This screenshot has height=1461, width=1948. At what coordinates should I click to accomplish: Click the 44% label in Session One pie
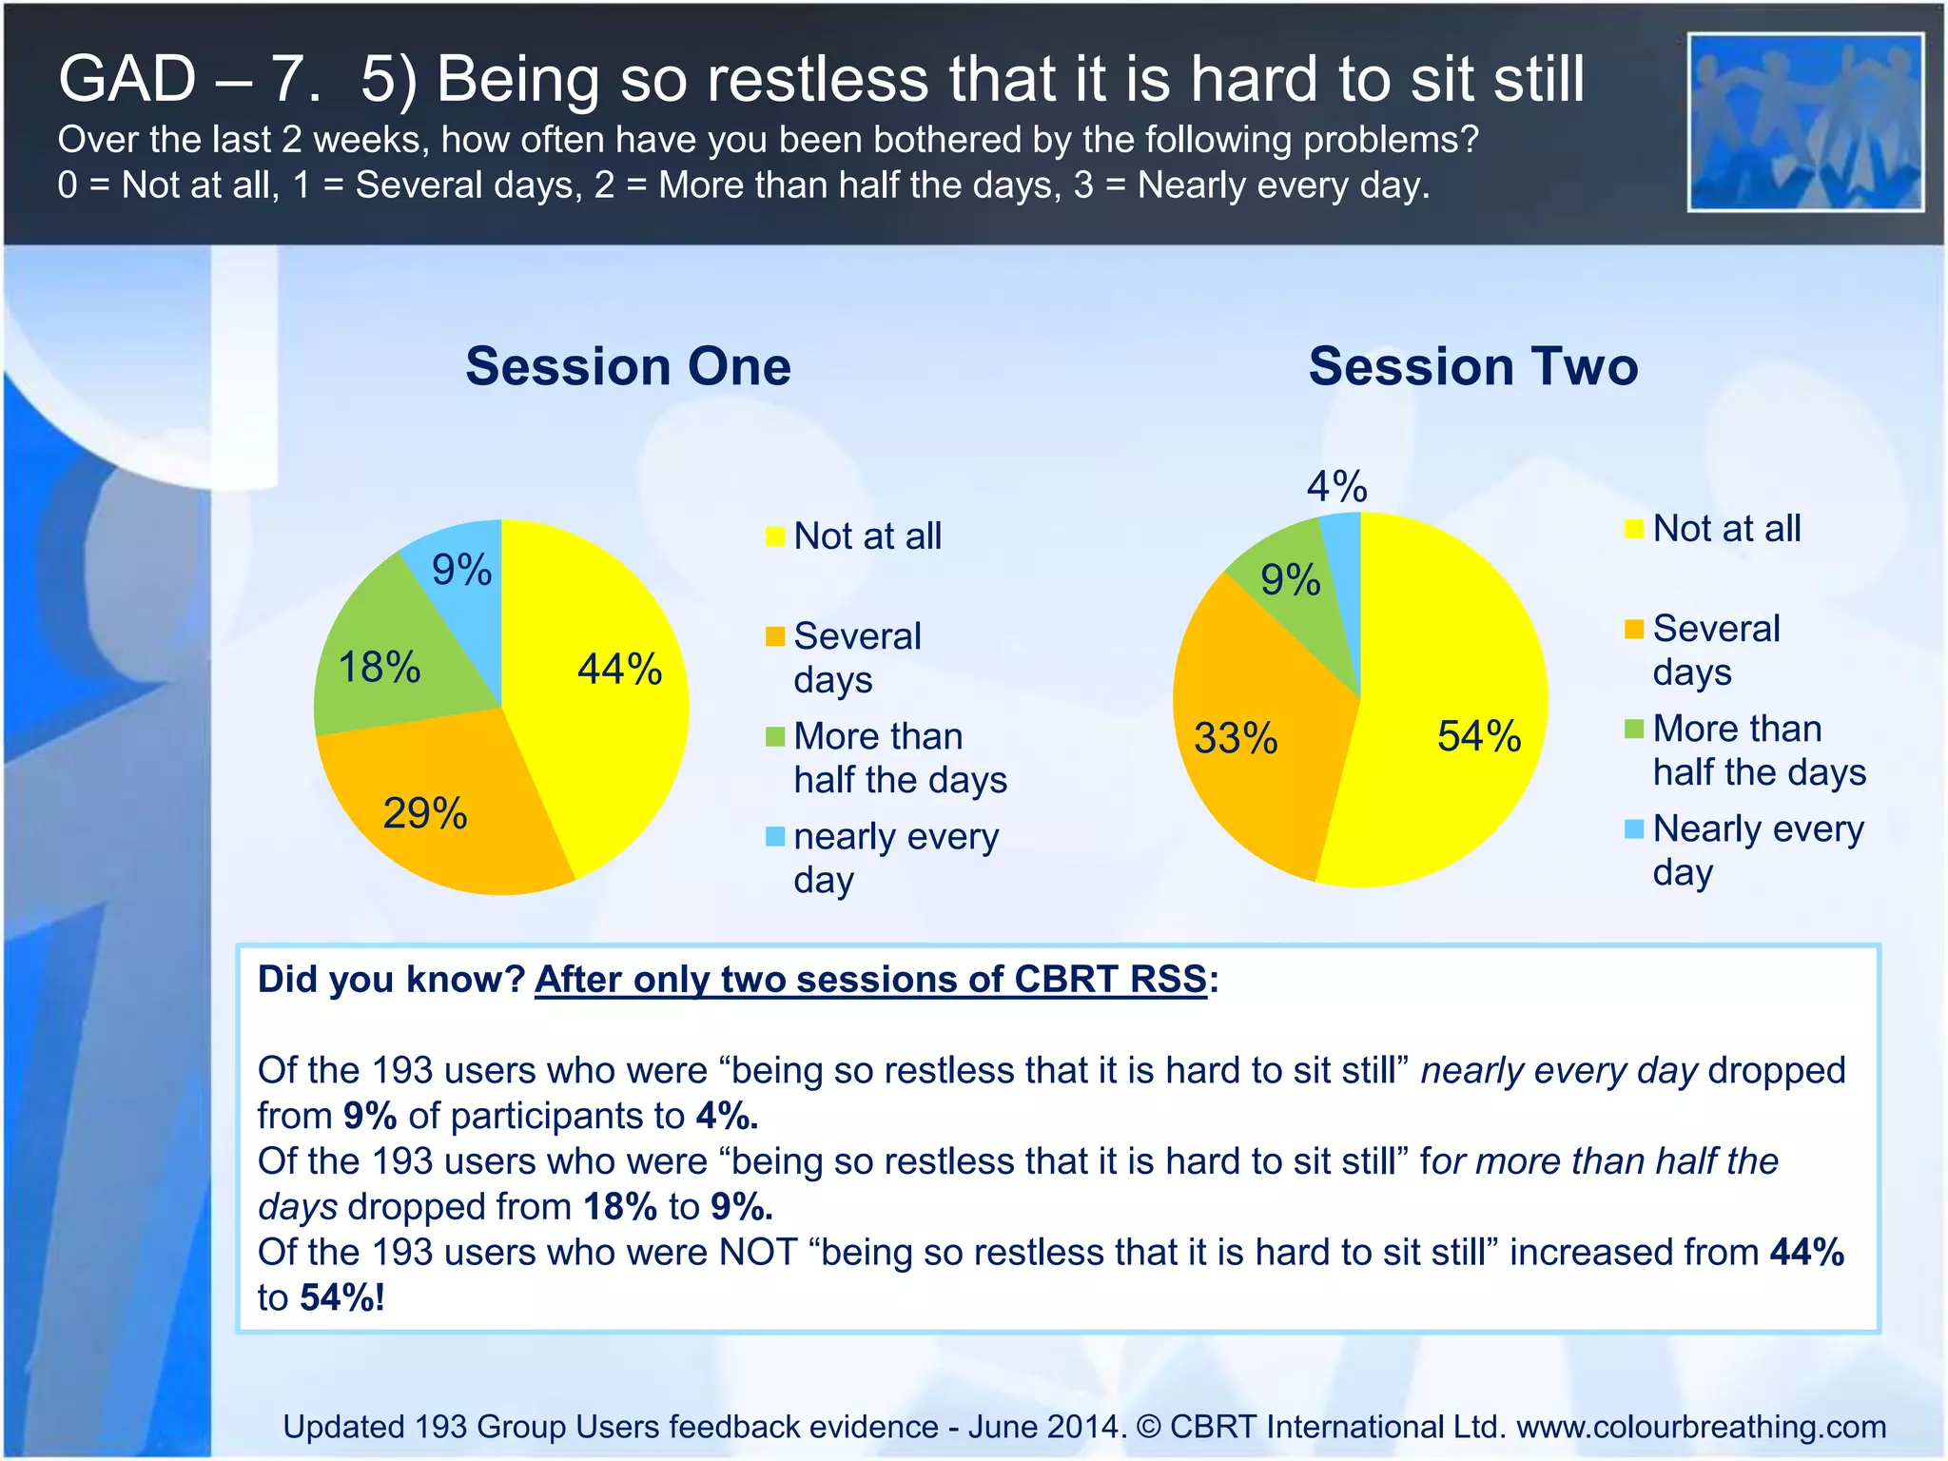click(619, 669)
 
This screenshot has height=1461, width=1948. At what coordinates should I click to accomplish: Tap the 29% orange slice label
click(424, 814)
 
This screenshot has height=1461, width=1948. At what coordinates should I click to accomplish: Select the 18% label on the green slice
click(379, 668)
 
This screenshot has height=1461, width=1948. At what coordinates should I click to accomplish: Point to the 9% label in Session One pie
click(461, 571)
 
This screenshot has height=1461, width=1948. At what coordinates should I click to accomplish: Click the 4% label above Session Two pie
click(1336, 487)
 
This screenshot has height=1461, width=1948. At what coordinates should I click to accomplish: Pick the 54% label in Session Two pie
click(1479, 737)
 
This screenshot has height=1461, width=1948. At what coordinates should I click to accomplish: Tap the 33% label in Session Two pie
click(1236, 739)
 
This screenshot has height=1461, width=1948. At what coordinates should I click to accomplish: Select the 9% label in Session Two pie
click(1290, 580)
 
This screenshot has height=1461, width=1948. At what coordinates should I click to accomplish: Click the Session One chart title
click(628, 366)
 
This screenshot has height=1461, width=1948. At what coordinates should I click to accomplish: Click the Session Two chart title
click(1473, 366)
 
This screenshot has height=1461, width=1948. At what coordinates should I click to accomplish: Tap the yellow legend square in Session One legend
click(775, 536)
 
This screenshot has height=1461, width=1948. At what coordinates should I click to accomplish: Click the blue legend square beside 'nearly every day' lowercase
click(775, 837)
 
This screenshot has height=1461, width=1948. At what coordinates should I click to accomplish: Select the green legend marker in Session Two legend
click(1634, 730)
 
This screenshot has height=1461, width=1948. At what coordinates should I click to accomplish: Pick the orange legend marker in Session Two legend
click(1634, 629)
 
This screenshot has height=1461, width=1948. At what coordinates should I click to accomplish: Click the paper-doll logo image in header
click(1805, 123)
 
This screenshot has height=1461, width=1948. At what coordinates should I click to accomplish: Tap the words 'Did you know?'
click(391, 979)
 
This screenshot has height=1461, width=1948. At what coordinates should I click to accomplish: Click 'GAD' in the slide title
click(127, 78)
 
